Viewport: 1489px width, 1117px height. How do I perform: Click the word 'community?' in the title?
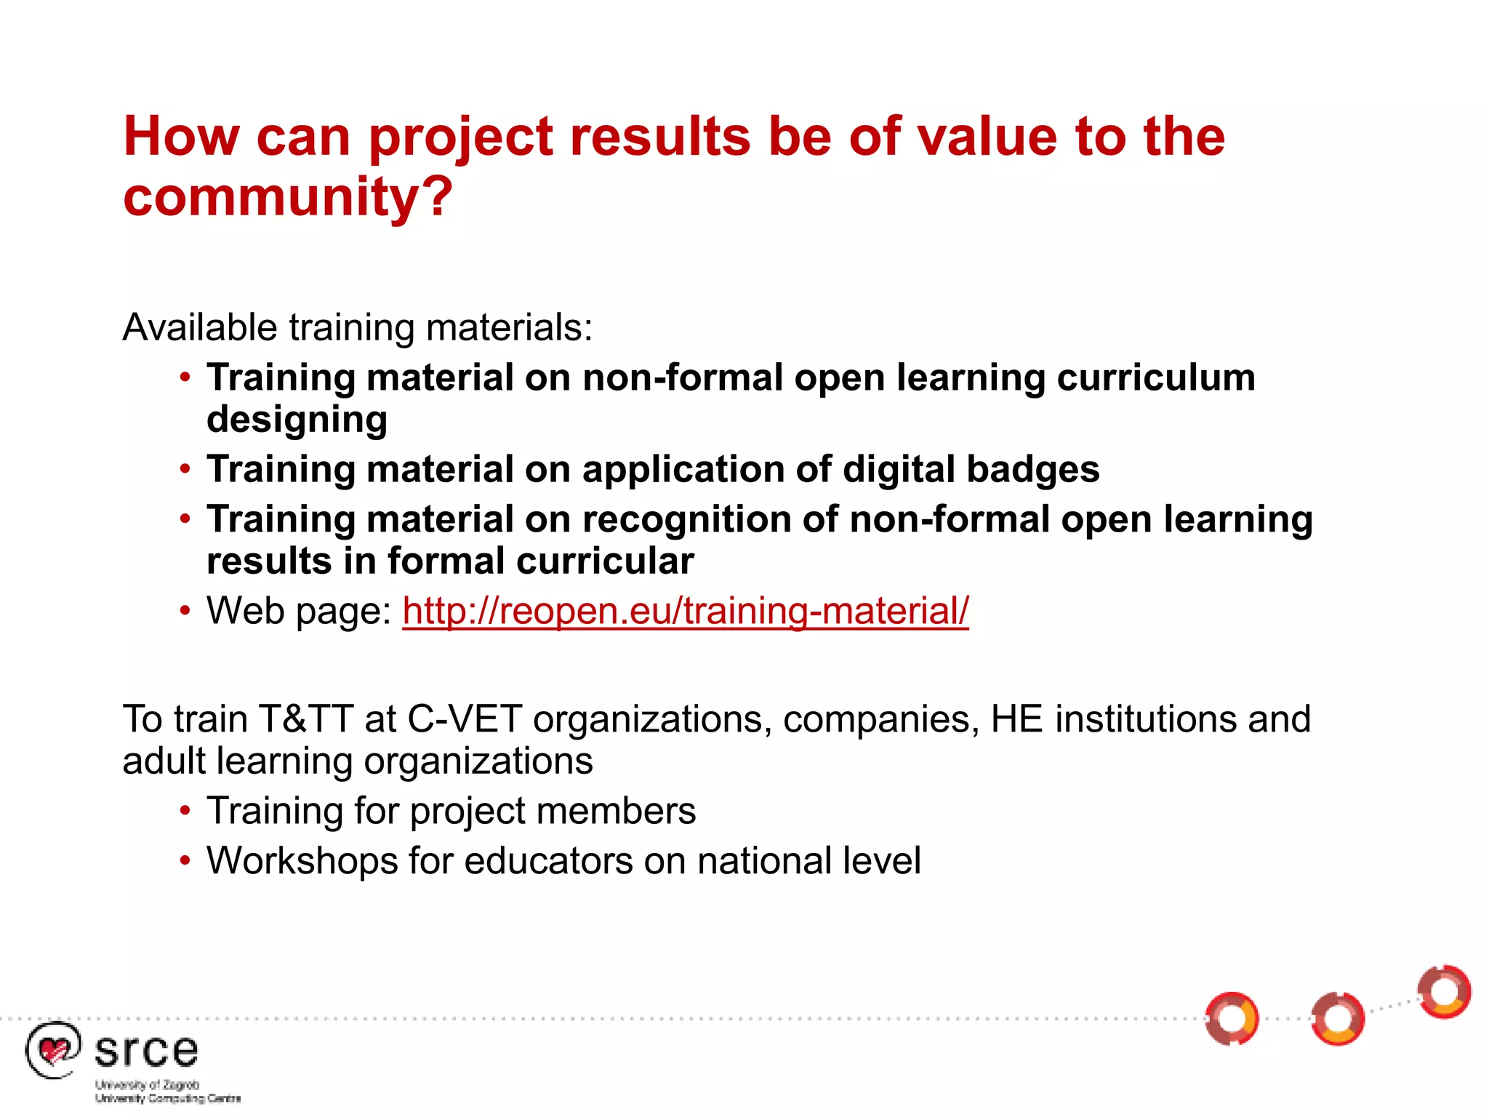click(288, 196)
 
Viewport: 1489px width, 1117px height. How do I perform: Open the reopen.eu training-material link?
click(685, 611)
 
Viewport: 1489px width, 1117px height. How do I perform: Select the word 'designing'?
click(297, 420)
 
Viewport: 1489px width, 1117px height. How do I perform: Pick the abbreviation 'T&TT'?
click(305, 719)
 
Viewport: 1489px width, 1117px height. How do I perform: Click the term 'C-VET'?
click(465, 719)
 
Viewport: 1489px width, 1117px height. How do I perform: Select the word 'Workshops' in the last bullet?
click(301, 861)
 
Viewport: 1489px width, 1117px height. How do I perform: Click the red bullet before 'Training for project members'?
click(185, 811)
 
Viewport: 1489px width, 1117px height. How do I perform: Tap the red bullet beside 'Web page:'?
click(185, 611)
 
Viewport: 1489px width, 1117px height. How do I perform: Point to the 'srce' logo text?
click(146, 1051)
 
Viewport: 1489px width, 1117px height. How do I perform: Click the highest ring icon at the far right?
click(1444, 992)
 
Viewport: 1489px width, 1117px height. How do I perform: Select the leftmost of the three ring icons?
click(1232, 1018)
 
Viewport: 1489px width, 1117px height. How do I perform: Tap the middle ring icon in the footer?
click(1339, 1019)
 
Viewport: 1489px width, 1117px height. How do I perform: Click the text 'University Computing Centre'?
click(168, 1098)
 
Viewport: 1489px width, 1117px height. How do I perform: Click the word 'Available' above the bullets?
click(199, 327)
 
